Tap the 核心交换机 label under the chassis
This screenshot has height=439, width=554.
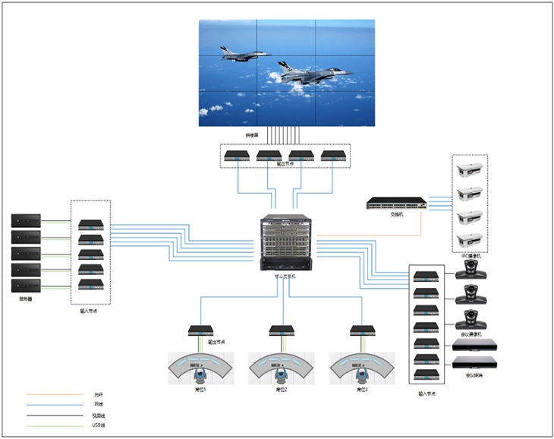pyautogui.click(x=286, y=276)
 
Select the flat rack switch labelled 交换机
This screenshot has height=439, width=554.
pyautogui.click(x=396, y=204)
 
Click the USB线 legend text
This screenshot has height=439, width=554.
pyautogui.click(x=99, y=425)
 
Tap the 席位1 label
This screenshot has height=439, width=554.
pyautogui.click(x=201, y=390)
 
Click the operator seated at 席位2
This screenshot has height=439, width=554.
pyautogui.click(x=282, y=374)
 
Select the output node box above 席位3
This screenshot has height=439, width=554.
pyautogui.click(x=362, y=331)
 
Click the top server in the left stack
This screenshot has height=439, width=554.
pyautogui.click(x=25, y=221)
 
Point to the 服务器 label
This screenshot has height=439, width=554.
pyautogui.click(x=25, y=299)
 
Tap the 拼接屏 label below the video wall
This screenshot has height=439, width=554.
pyautogui.click(x=252, y=135)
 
